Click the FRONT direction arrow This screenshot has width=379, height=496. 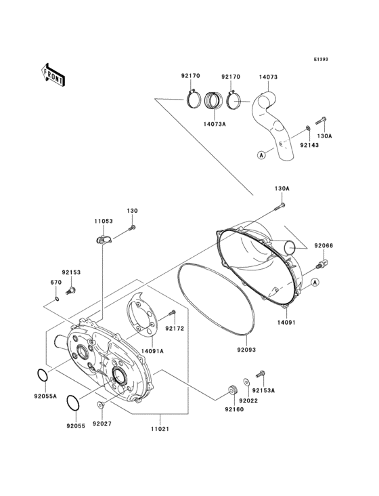53,74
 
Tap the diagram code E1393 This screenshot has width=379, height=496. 320,60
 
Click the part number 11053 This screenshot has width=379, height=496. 103,221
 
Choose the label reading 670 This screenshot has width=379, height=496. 57,283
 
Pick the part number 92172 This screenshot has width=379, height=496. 175,329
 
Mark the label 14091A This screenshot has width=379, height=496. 152,352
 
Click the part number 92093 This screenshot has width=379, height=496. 246,350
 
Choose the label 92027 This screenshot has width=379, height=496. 102,423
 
